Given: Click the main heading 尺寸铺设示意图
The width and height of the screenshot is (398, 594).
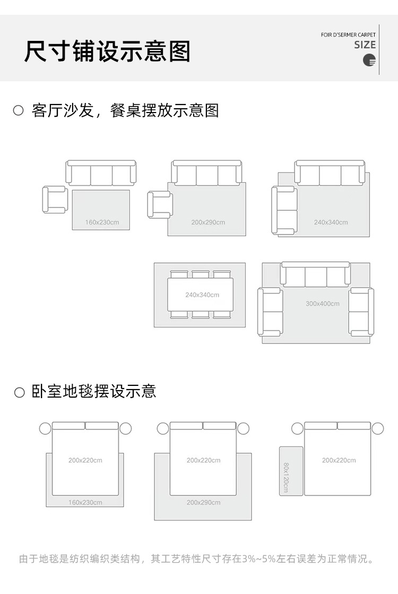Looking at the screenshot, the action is click(x=107, y=51).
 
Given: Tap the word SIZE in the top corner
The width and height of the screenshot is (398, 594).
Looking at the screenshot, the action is click(x=365, y=45).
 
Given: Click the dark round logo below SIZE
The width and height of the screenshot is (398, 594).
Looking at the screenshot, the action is click(x=369, y=60).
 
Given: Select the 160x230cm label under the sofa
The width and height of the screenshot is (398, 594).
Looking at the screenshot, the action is click(x=102, y=222).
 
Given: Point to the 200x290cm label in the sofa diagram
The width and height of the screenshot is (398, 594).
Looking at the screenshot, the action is click(x=208, y=222).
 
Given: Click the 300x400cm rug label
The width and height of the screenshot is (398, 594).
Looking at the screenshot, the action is click(x=323, y=304).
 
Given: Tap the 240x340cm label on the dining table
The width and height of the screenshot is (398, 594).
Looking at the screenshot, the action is click(x=202, y=295).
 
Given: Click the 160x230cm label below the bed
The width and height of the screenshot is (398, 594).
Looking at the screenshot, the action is click(x=85, y=502).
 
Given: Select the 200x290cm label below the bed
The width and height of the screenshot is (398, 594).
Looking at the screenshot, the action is click(x=203, y=502).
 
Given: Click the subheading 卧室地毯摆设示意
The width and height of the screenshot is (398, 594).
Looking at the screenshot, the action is click(x=94, y=392).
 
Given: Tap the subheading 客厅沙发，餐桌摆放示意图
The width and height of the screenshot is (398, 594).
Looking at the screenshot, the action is click(x=125, y=110).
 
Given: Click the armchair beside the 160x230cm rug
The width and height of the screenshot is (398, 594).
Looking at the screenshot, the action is click(x=55, y=199).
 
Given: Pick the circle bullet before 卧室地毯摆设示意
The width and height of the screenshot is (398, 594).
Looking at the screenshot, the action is click(x=20, y=392).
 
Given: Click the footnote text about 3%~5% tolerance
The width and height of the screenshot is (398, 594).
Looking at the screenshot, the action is click(x=197, y=559).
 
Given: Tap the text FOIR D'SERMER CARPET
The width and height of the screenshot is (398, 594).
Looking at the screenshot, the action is click(x=348, y=35).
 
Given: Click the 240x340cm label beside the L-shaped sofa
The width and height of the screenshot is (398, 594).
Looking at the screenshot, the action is click(x=331, y=222).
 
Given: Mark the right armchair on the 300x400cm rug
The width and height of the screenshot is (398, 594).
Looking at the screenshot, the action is click(x=361, y=312).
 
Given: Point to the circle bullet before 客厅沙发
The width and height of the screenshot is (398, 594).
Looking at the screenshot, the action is click(x=19, y=110).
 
